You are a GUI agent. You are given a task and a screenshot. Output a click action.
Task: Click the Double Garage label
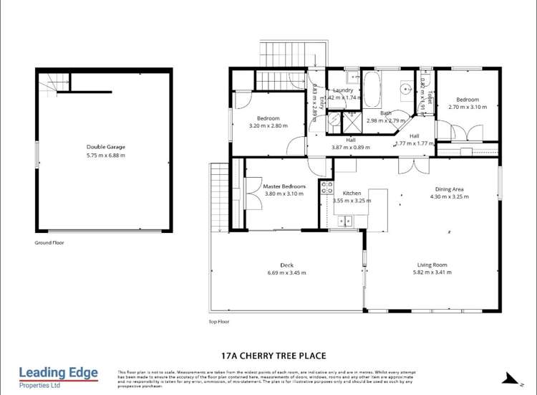tap(105, 147)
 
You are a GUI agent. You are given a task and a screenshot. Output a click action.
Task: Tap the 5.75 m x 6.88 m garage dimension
tap(105, 155)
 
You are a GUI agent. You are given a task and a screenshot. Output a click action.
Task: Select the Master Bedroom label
tap(284, 186)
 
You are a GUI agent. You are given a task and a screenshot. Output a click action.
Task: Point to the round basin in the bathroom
tap(405, 90)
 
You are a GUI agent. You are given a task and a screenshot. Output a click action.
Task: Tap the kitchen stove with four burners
tap(326, 188)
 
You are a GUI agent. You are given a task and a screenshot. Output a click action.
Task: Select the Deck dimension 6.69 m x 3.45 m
tap(286, 273)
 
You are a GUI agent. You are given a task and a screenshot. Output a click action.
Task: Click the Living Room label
tap(432, 265)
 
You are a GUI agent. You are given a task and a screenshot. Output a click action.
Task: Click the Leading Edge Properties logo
tap(58, 376)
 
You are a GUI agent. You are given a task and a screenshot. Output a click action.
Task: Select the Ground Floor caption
tap(49, 243)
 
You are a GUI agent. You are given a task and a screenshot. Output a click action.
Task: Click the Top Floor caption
tap(219, 322)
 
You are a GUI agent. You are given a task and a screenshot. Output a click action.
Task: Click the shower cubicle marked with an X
tap(352, 120)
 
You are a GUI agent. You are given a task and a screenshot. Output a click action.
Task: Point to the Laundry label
tap(343, 90)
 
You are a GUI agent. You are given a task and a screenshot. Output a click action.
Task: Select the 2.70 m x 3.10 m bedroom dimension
tap(467, 107)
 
